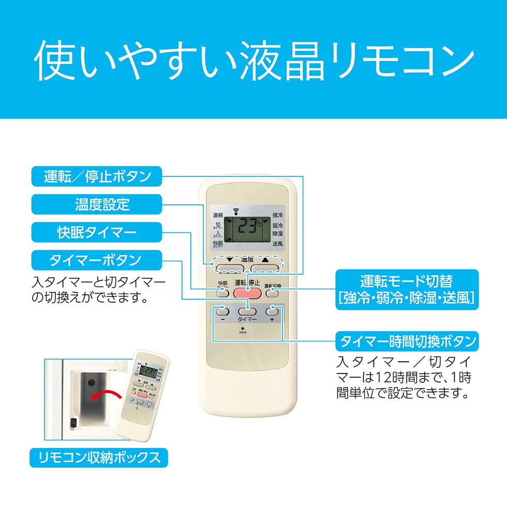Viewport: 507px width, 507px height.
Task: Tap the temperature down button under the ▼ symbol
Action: point(230,267)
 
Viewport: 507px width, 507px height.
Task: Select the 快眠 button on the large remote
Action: point(222,293)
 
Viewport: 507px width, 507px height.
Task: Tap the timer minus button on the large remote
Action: point(223,311)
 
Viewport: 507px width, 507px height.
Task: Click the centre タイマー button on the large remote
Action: point(247,311)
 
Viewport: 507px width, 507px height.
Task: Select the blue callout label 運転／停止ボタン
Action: point(97,176)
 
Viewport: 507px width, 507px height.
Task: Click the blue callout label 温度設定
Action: point(97,204)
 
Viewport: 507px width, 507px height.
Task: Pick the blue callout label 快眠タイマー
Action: point(97,232)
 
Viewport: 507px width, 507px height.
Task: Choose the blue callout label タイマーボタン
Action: point(97,260)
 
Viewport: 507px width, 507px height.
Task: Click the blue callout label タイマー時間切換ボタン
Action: point(406,341)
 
